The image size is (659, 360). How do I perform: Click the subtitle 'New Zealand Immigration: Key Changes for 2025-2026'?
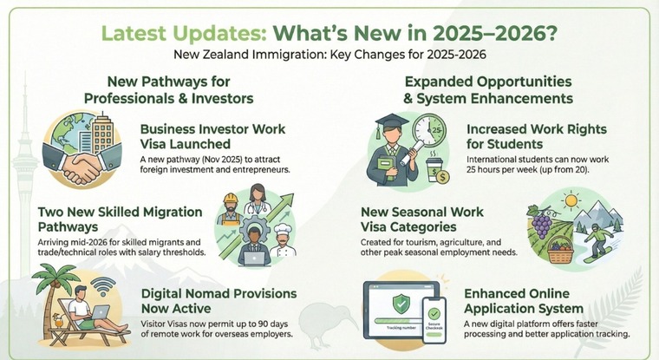[329, 54]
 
